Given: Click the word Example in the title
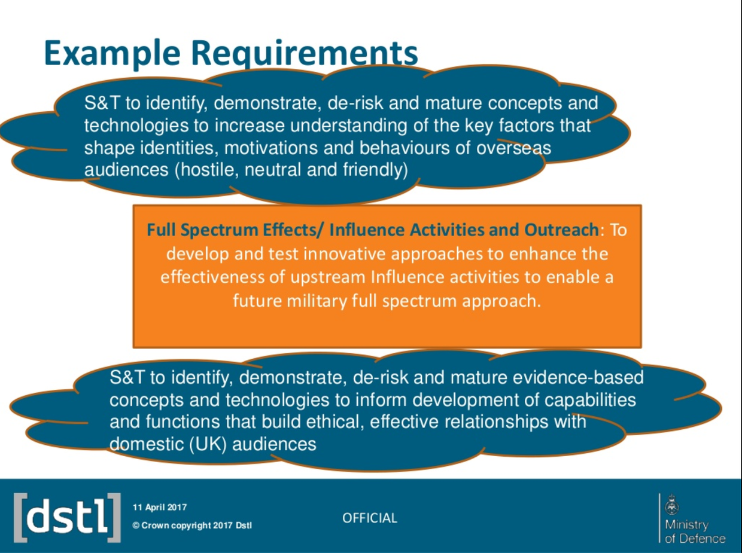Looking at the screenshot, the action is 112,54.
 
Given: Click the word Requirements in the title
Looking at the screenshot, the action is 305,54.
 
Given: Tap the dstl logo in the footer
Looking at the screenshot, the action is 67,518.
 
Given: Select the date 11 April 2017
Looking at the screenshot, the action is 160,508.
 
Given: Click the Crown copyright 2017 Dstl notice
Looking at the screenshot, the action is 192,525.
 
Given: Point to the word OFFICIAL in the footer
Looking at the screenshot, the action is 370,518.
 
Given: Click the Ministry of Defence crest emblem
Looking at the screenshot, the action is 671,505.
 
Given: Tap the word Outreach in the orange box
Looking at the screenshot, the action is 561,230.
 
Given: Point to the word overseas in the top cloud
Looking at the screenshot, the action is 513,148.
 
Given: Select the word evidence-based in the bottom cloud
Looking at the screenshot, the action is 578,377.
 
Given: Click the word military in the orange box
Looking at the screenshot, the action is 317,301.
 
